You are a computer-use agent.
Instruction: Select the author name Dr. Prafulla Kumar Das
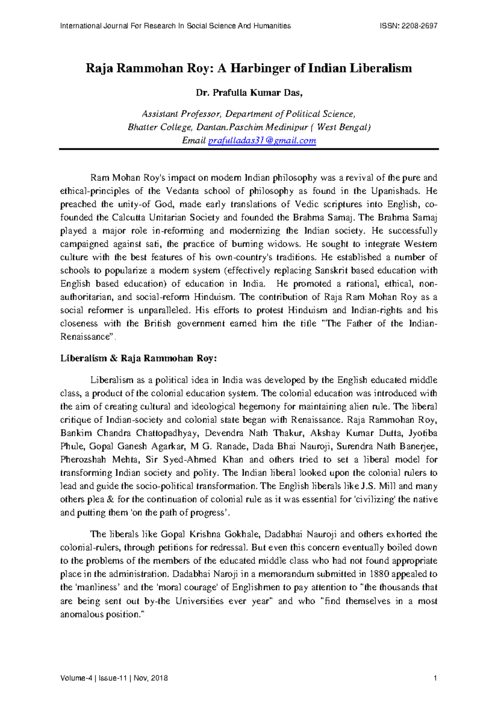(x=249, y=93)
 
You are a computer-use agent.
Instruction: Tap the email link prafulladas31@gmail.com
(x=262, y=141)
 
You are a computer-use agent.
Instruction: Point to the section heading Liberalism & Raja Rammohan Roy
(x=139, y=358)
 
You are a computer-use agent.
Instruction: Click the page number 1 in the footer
(x=435, y=678)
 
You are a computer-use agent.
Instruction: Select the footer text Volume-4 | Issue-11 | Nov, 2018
(x=114, y=678)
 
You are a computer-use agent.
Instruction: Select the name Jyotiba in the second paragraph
(x=423, y=433)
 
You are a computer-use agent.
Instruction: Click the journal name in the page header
(x=175, y=26)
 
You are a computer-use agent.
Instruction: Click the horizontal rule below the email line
(x=249, y=149)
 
